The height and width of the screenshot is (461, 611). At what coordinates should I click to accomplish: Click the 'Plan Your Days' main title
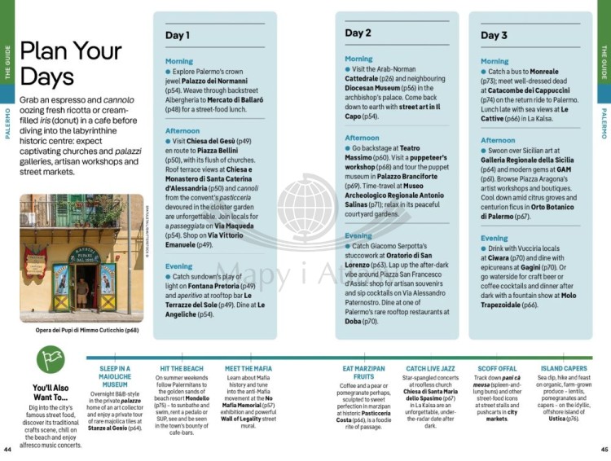click(70, 63)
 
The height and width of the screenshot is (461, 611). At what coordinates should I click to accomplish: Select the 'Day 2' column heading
click(358, 33)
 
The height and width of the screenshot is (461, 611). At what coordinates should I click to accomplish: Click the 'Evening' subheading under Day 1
click(179, 266)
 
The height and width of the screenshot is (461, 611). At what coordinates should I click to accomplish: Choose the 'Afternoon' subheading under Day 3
click(498, 140)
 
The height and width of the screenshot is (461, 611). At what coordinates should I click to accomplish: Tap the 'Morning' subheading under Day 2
click(358, 59)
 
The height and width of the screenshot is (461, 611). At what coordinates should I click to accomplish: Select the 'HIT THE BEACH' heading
click(182, 369)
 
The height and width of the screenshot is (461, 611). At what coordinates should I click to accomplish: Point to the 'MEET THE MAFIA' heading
click(249, 369)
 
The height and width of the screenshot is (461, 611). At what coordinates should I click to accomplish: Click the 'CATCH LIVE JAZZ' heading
click(429, 369)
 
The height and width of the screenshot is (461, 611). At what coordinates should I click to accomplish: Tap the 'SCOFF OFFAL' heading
click(497, 369)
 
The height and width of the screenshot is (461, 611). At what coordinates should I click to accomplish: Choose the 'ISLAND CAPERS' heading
click(564, 369)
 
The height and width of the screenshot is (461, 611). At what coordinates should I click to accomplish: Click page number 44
click(7, 449)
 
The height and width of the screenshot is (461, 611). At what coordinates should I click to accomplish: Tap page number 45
click(604, 449)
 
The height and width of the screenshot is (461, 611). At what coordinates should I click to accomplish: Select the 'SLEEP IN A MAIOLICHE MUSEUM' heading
click(115, 377)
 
